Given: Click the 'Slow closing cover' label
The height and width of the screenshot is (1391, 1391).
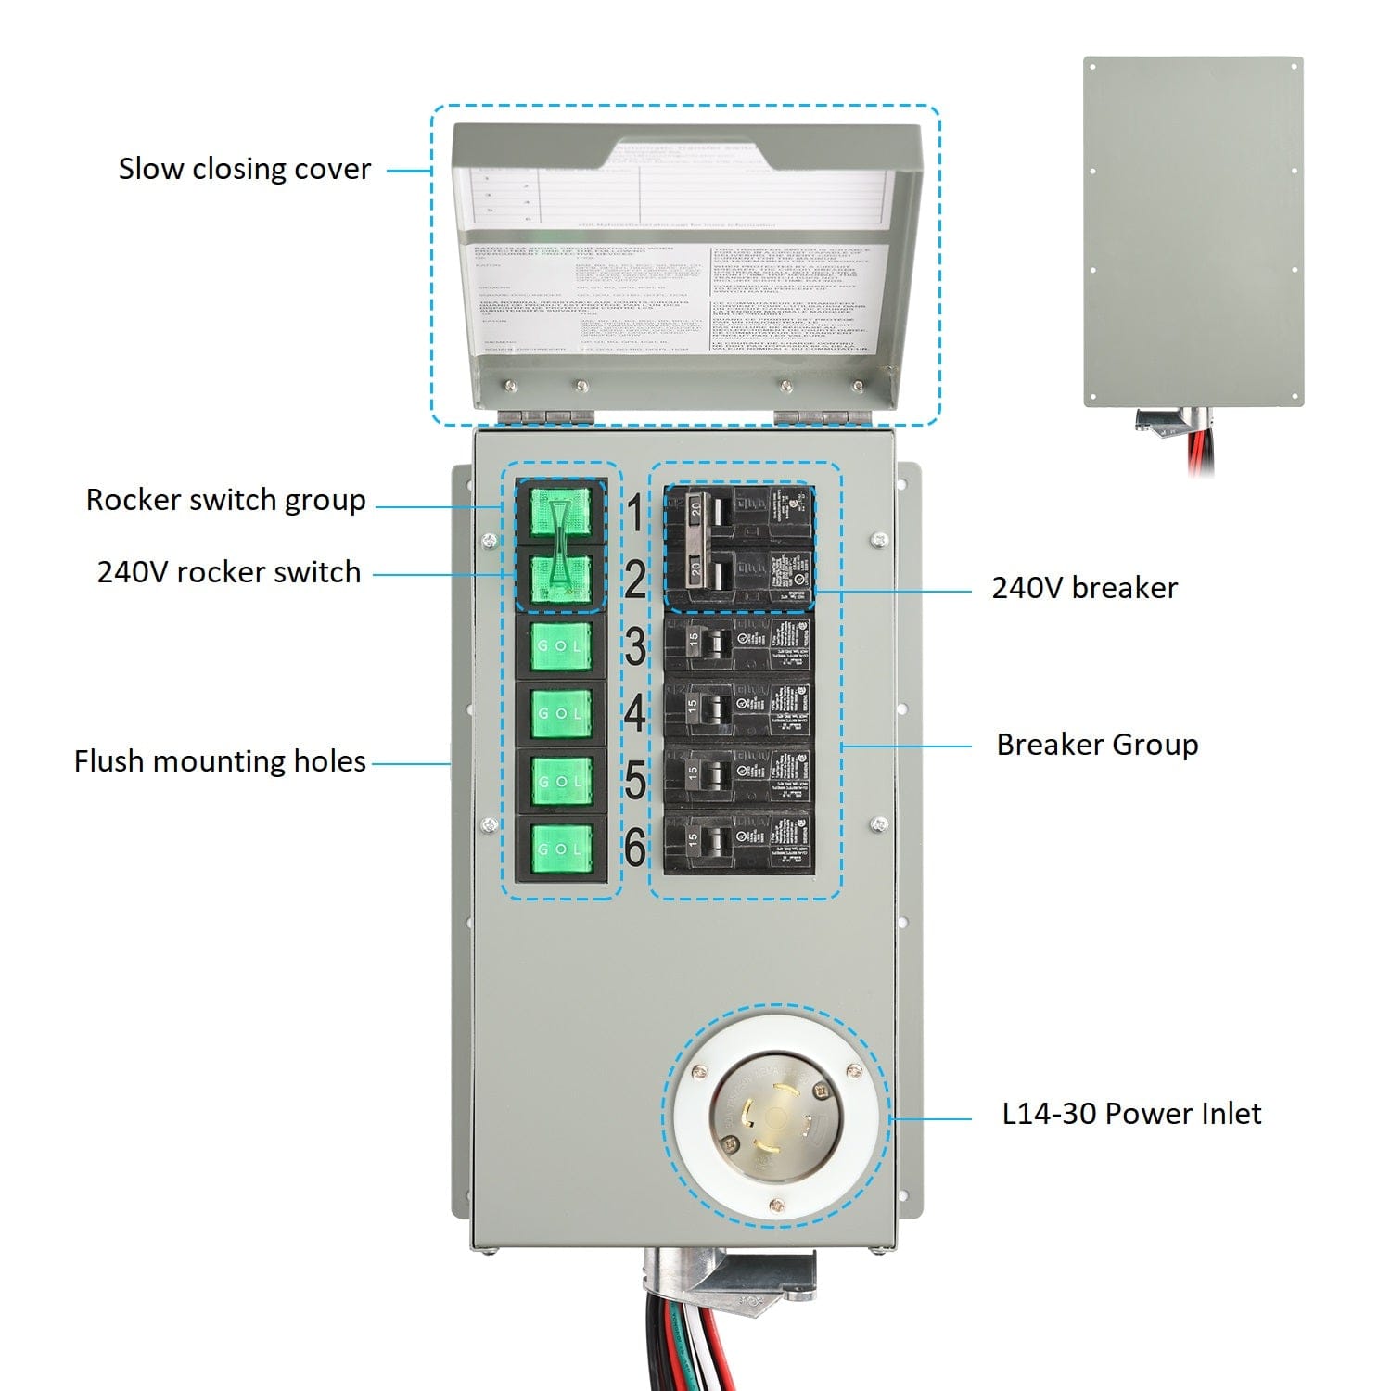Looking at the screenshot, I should coord(244,169).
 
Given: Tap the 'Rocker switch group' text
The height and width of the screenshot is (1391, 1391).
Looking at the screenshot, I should coord(225,500).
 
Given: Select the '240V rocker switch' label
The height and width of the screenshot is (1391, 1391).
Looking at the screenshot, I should coord(229,572).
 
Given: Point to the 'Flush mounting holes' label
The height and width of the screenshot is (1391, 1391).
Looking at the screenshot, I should coord(220,761).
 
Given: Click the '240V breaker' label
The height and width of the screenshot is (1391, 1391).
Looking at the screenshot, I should coord(1084,588).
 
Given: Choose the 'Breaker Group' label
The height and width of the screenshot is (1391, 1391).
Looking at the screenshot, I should coord(1097,745).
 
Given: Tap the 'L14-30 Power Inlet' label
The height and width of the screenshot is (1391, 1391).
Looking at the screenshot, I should coord(1131,1114).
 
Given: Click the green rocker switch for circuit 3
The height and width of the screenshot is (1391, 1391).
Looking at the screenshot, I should coord(560,645).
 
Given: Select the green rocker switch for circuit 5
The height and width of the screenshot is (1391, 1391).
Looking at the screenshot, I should coord(560,781).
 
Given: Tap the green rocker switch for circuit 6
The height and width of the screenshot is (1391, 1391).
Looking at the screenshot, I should coord(560,849).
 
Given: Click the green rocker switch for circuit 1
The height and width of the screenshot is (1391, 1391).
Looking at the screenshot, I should coord(560,513).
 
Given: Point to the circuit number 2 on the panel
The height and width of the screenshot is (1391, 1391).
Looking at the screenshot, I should coord(635,581).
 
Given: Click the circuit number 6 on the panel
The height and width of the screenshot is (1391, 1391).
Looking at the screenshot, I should coord(635,847).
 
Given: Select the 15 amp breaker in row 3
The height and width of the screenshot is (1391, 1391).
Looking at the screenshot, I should coord(738,644).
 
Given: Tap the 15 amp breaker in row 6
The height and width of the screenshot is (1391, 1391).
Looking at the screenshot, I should coord(738,842).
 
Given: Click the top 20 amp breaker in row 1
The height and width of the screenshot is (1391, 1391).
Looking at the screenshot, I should coord(738,513).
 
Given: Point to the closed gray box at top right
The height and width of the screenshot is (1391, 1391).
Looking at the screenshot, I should coord(1193,232).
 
